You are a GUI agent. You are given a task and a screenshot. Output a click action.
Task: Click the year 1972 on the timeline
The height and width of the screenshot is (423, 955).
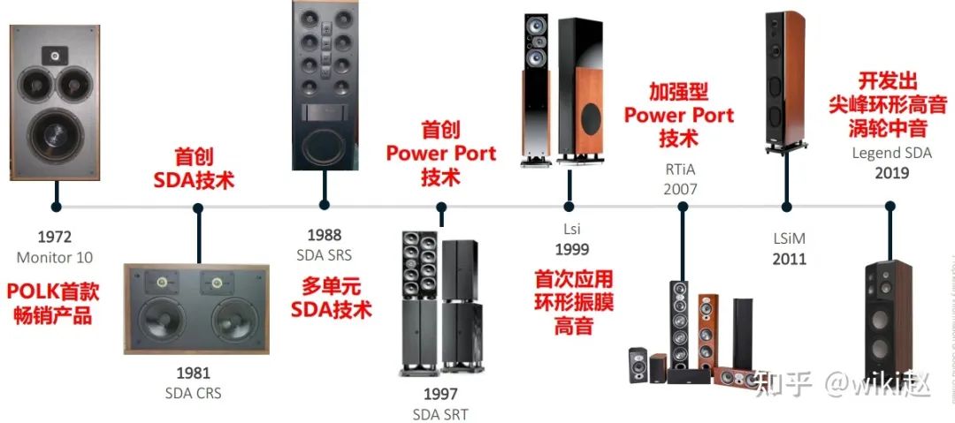click(54, 237)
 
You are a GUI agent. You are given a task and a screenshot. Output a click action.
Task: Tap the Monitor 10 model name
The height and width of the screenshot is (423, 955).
click(54, 257)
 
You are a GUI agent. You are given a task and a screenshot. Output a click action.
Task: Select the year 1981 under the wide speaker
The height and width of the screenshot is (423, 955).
click(193, 373)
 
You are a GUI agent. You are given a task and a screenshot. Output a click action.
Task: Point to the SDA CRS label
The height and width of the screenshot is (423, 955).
click(193, 393)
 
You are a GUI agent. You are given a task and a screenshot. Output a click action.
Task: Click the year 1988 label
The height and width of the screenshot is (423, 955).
click(325, 235)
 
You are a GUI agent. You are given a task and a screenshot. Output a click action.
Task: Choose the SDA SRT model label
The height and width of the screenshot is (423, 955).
click(440, 414)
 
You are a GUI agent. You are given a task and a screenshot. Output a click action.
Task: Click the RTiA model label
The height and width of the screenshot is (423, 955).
click(680, 168)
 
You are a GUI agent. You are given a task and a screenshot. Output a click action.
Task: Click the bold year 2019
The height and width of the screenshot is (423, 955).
click(891, 173)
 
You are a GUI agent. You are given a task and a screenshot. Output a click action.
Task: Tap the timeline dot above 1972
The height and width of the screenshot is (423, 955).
click(56, 208)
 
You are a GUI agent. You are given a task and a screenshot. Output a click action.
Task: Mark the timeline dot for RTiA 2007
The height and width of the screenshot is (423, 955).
click(683, 208)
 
